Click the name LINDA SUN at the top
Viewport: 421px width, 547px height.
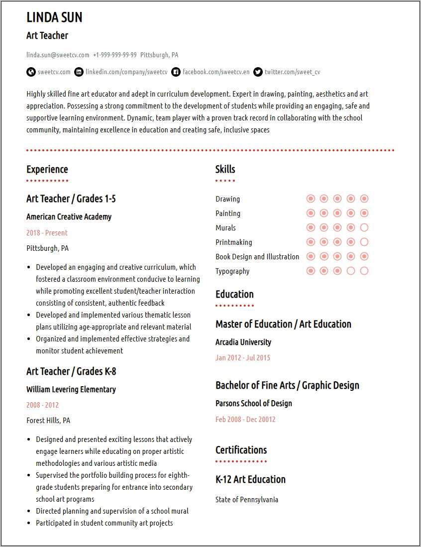coord(54,17)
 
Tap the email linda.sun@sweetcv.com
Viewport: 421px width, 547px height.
coord(58,55)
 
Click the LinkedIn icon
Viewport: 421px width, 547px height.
coord(79,72)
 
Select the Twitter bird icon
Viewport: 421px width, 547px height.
coord(258,72)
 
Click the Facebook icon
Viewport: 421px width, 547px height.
coord(176,72)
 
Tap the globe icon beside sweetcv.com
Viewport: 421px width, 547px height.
coord(31,72)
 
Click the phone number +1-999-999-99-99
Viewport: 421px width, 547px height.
coord(114,55)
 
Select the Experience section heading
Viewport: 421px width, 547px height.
coord(47,169)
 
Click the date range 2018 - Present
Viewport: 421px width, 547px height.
coord(47,232)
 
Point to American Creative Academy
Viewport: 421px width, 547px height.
coord(69,217)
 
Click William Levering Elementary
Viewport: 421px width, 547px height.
coord(71,389)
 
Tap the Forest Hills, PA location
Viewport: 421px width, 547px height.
coord(48,420)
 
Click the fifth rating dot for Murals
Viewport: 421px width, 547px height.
coord(364,228)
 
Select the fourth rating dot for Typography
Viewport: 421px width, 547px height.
coord(350,271)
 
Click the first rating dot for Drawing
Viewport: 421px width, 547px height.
coord(311,199)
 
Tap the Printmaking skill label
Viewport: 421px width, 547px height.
coord(233,242)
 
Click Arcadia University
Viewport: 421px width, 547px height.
coord(243,342)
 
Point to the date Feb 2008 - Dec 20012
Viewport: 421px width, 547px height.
coord(245,419)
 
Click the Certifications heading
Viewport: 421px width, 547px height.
coord(241,450)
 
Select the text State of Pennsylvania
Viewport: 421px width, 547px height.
coord(246,499)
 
